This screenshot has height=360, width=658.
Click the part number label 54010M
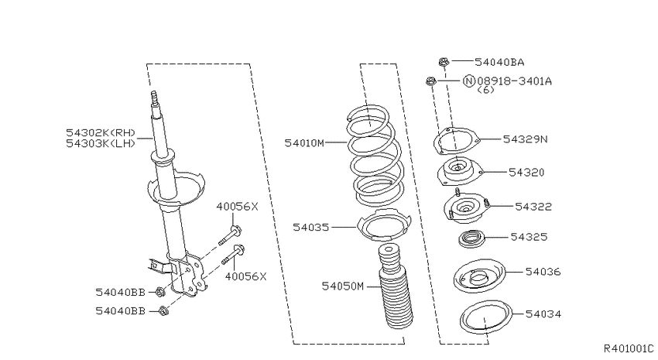point(304,143)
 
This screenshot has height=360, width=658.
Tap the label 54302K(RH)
point(101,133)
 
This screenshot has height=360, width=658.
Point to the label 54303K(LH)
point(101,143)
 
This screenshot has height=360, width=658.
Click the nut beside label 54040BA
point(444,62)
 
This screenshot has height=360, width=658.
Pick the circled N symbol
point(469,81)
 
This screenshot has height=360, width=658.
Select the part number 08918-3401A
point(515,81)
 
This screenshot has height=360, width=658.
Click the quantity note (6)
point(486,90)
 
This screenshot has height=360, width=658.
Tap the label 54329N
point(526,139)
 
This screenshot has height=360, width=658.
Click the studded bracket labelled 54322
point(466,207)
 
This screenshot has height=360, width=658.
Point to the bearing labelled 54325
point(472,239)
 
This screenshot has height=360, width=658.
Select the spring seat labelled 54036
point(479,276)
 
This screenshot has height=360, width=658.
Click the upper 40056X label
point(237,207)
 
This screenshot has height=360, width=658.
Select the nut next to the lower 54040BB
point(163,311)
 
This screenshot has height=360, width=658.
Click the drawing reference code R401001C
point(629,348)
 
